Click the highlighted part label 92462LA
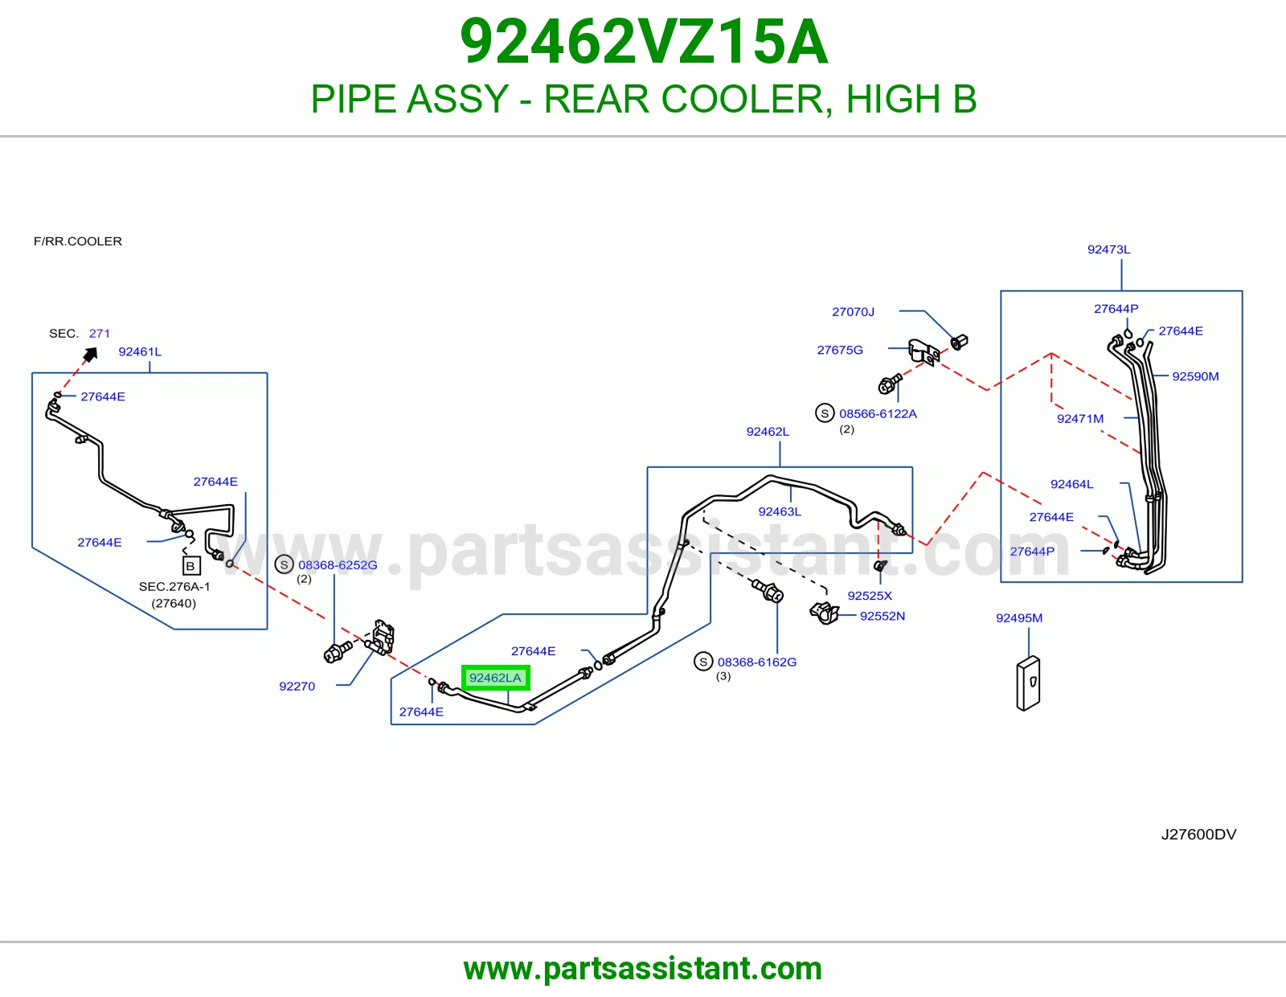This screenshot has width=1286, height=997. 495,677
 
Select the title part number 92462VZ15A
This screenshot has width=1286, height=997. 644,42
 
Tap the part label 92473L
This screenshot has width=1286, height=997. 1108,249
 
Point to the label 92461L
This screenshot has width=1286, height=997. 140,351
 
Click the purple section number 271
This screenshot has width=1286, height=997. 100,334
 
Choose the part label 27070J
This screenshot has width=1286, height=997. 853,311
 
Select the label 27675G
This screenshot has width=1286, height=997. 840,350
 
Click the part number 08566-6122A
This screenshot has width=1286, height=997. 878,413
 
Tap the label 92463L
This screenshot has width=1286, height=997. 780,511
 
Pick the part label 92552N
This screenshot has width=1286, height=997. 882,616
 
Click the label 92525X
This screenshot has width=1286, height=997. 870,596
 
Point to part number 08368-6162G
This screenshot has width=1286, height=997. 757,662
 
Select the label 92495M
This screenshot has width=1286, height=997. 1019,618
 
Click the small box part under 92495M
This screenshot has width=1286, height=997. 1028,683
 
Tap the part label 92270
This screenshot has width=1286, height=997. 297,686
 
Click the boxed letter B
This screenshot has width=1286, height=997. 191,566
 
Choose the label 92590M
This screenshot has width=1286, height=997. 1195,376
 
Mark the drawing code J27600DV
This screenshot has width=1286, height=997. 1198,835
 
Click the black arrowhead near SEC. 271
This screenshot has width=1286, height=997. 91,354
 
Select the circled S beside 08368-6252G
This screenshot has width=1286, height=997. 284,564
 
